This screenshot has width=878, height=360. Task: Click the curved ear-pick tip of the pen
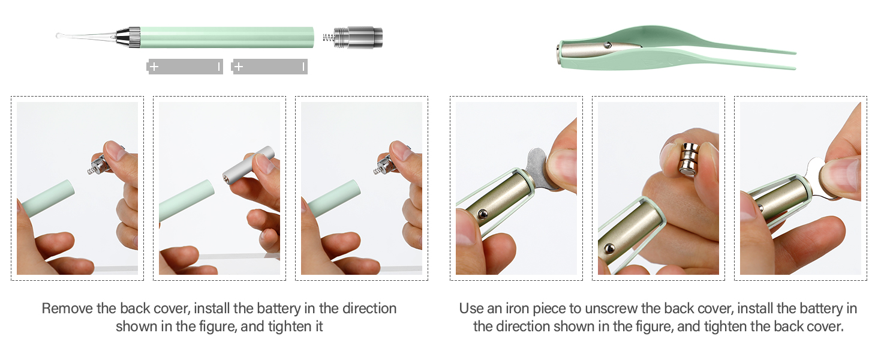[61, 36]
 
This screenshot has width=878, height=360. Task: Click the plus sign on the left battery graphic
[154, 67]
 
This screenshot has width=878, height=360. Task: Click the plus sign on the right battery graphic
[239, 67]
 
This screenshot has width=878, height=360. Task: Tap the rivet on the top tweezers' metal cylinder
[608, 45]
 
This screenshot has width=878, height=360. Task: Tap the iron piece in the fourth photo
[540, 168]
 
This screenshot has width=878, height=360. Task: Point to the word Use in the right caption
[472, 308]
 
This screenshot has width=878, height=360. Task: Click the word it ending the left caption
[317, 327]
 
